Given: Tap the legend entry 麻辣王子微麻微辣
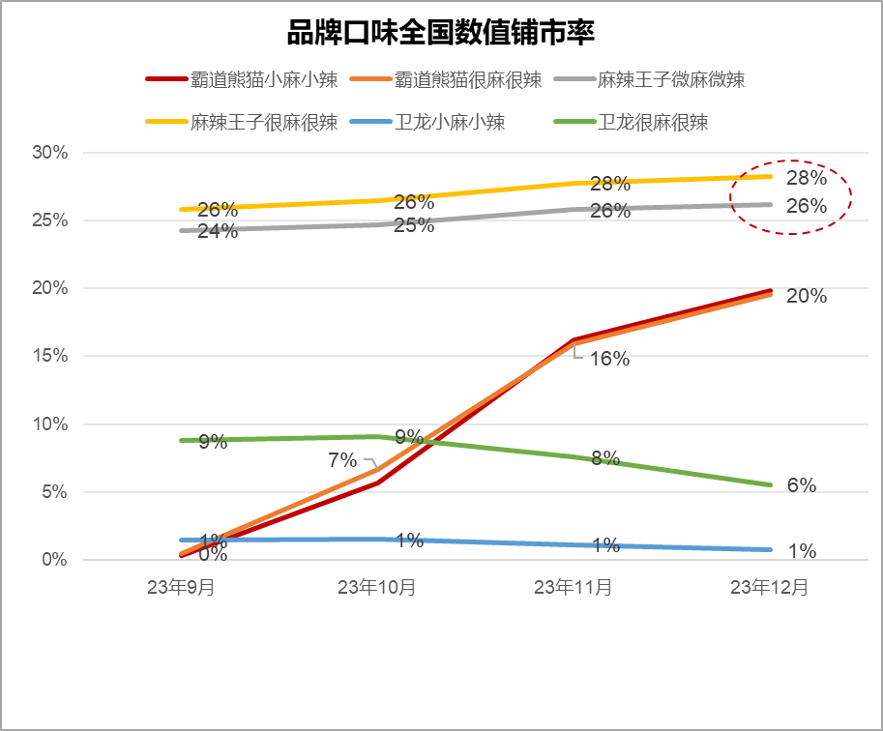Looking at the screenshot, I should point(672,79).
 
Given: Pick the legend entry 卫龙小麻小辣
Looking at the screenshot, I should point(451,123).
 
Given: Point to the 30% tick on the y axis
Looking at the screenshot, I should point(49,153).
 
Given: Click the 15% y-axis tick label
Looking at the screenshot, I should point(49,356).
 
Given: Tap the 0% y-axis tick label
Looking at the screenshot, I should point(54,560).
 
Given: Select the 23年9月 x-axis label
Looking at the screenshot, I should point(181,587).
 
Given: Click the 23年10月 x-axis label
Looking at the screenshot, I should point(376,587).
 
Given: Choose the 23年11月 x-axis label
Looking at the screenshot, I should point(573,587).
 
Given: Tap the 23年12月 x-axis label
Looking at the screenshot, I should point(769,587).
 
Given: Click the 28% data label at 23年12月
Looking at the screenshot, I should point(806,179).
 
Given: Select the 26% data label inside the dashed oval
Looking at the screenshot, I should point(806,206).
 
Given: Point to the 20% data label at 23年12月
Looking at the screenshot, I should point(806,297).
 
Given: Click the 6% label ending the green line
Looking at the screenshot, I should point(801,485).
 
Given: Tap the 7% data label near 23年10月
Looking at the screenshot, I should point(343,460).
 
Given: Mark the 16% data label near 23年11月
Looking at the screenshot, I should point(609,359).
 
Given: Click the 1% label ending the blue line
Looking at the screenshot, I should point(802,551).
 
